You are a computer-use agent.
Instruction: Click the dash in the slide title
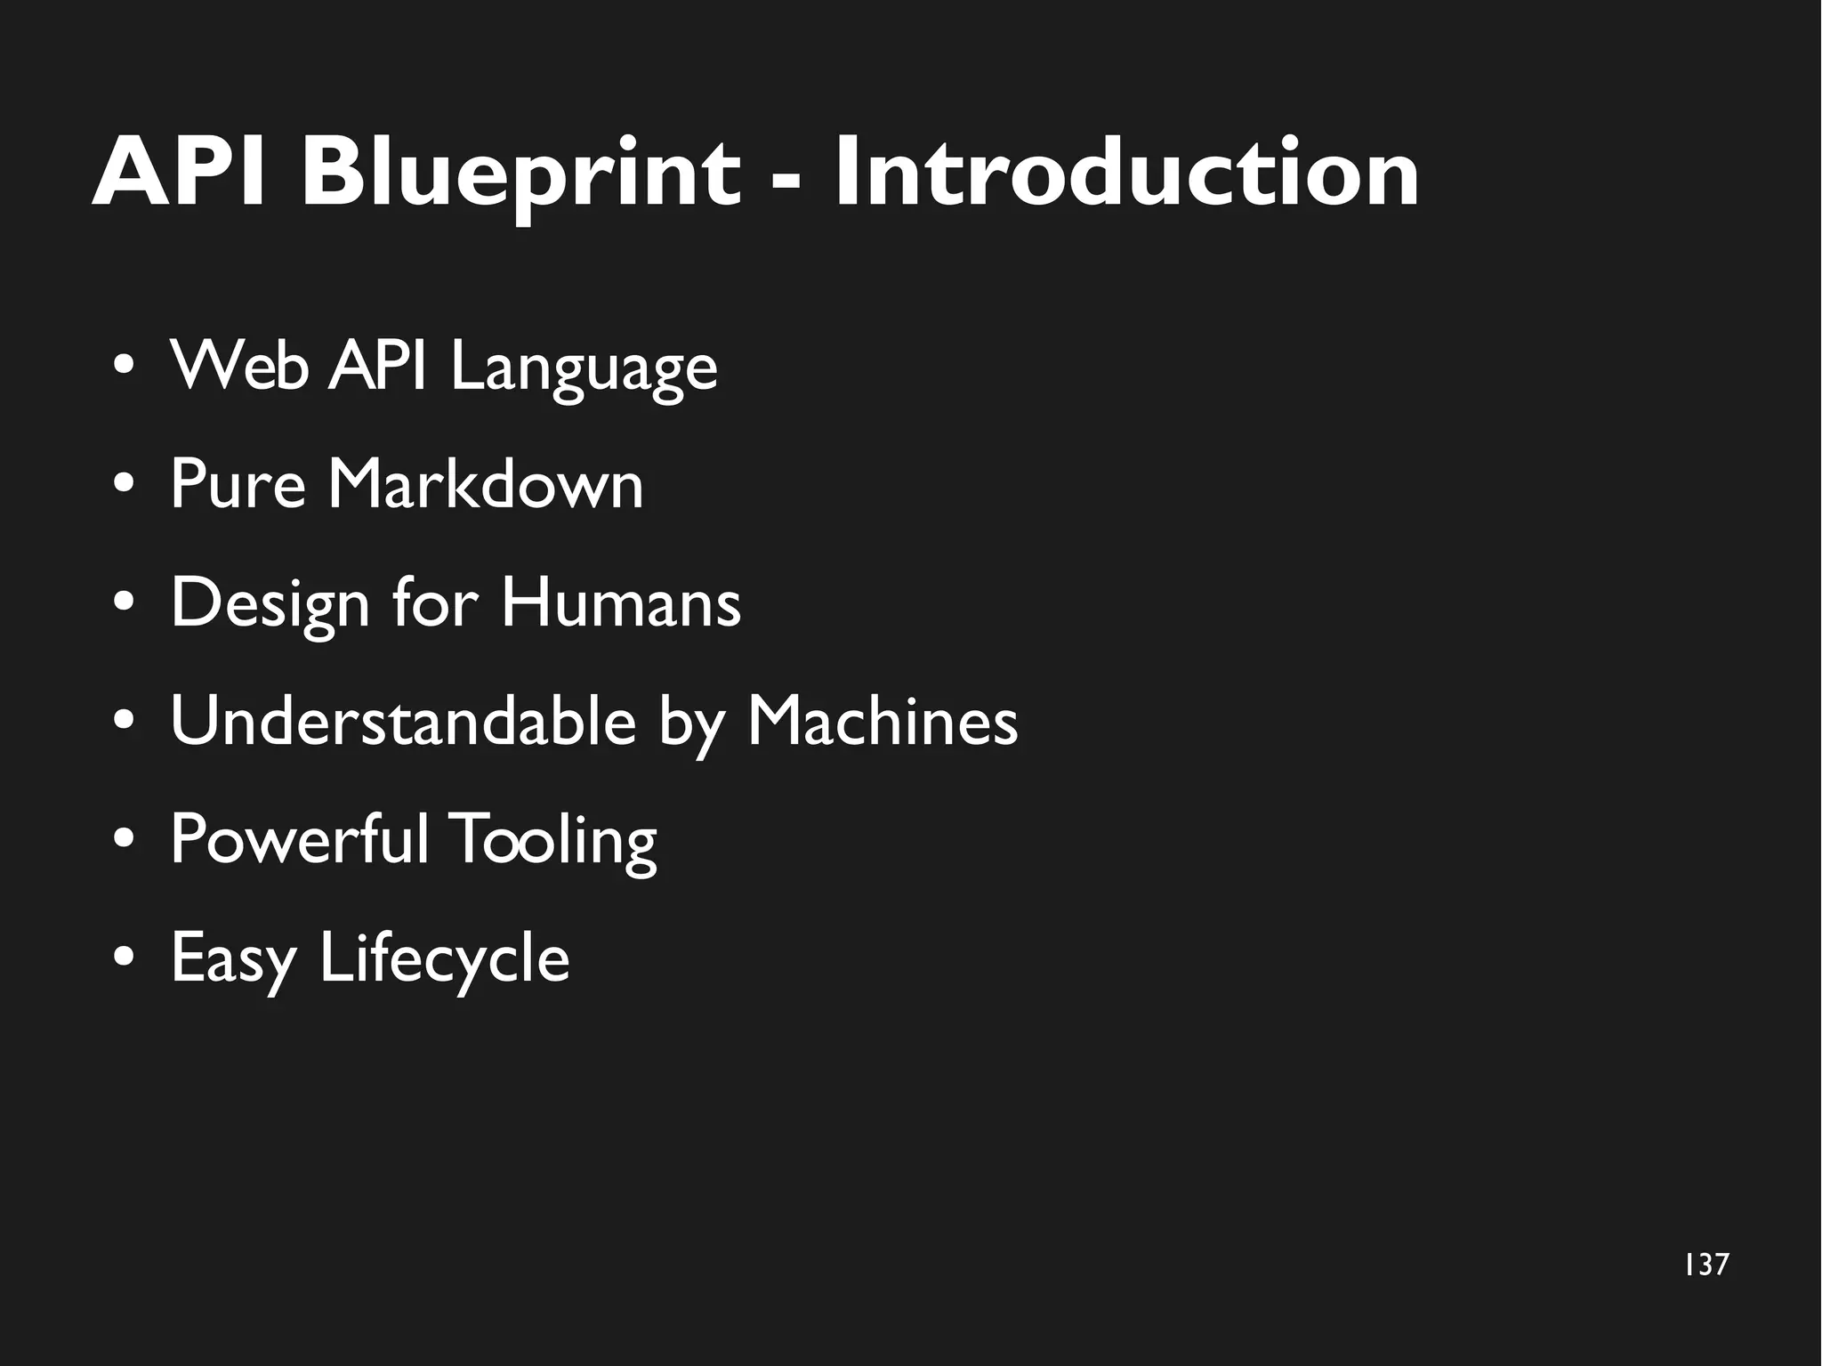[x=786, y=179]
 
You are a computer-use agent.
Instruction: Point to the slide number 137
[x=1706, y=1265]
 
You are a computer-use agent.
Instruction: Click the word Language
[x=584, y=367]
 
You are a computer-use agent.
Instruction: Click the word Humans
[x=620, y=602]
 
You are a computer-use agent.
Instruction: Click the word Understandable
[x=403, y=721]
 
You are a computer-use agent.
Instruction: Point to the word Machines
[x=882, y=721]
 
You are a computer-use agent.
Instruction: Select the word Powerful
[x=299, y=838]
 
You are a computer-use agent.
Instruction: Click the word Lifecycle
[x=444, y=959]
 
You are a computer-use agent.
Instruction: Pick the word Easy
[x=233, y=959]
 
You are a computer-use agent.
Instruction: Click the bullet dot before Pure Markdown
[x=125, y=485]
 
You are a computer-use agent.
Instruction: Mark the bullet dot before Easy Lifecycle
[x=125, y=958]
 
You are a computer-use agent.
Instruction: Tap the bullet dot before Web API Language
[x=125, y=367]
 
